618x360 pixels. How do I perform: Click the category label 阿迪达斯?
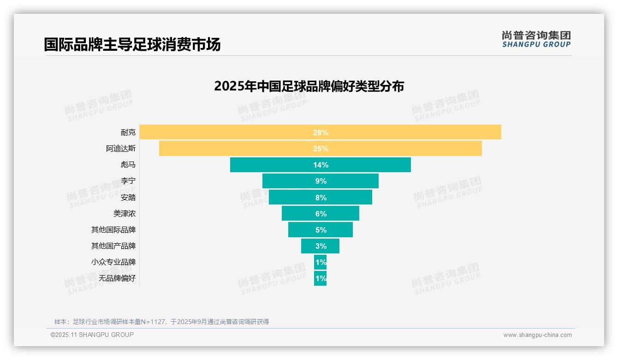121,149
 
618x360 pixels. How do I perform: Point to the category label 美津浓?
125,214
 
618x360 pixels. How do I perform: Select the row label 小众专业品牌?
113,262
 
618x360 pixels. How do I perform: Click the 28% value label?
321,132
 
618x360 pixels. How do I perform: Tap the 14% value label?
321,165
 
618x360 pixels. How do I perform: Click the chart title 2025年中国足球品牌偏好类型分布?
309,86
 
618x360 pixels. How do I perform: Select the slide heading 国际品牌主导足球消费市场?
132,44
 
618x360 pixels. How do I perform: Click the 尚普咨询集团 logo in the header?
536,39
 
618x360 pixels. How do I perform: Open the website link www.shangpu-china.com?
537,335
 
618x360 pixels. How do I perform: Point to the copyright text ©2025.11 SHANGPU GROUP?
92,335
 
